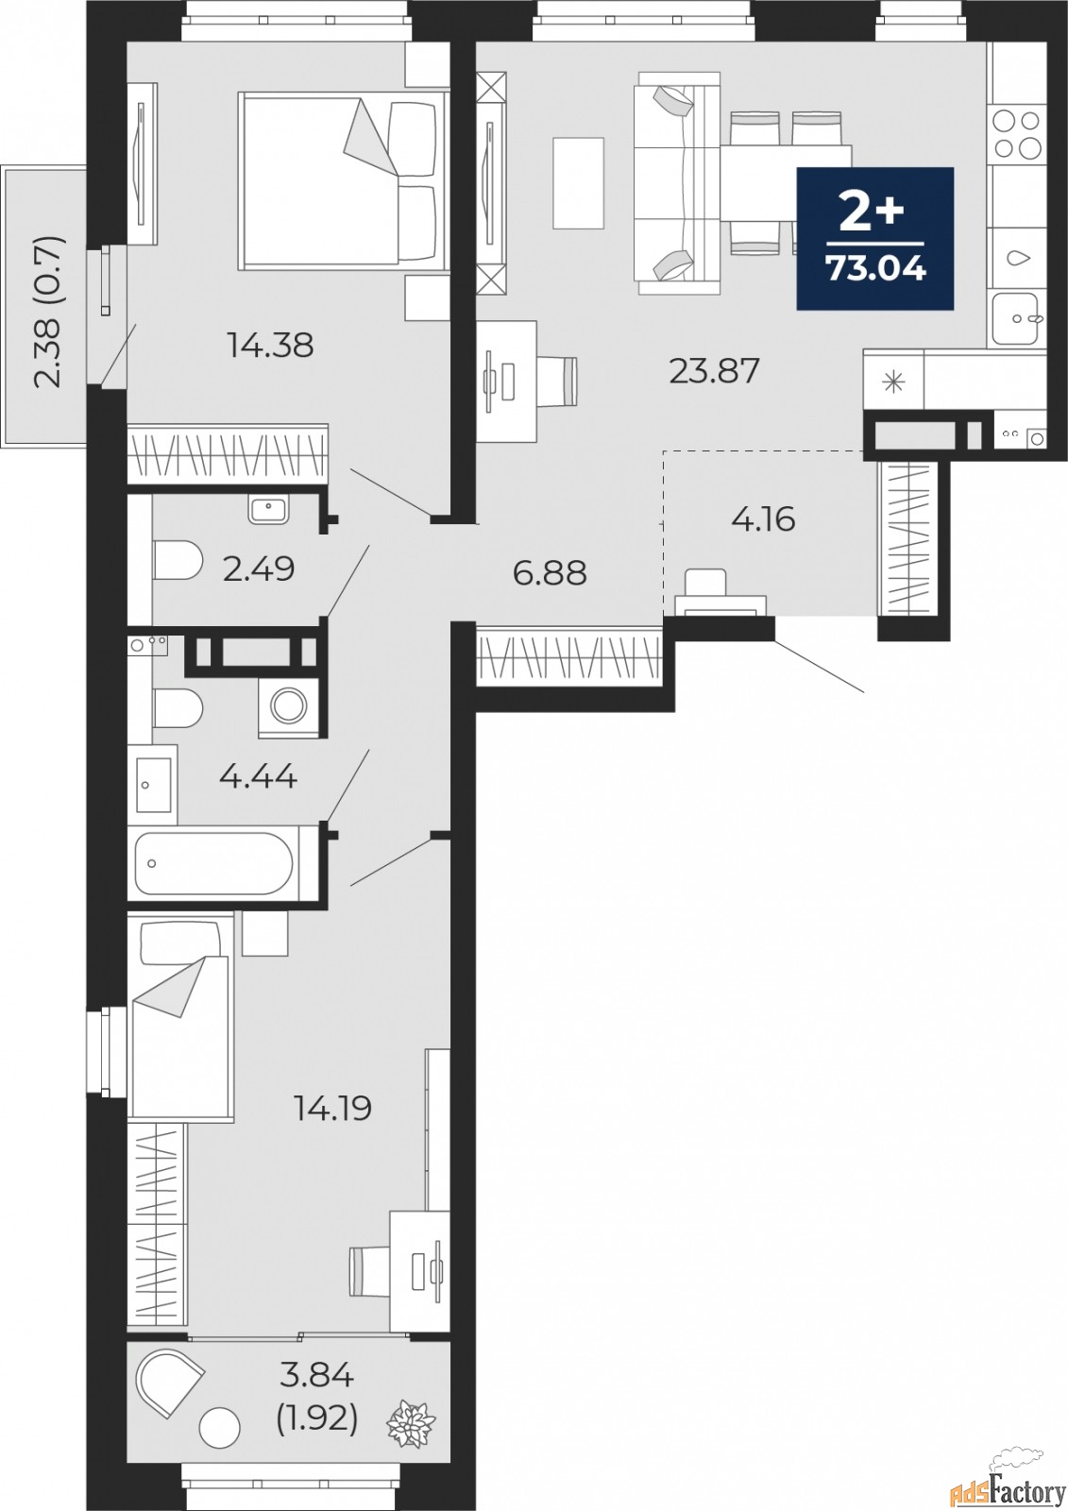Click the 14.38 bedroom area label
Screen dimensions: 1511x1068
(270, 346)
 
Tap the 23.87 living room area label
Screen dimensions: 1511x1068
(714, 371)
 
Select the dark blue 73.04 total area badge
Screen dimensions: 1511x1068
(874, 238)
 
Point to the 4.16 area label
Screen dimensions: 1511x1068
(763, 518)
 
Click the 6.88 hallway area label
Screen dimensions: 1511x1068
(550, 572)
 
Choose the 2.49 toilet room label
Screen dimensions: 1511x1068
(259, 569)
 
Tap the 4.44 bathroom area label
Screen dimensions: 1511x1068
(258, 777)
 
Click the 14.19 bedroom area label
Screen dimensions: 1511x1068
(332, 1108)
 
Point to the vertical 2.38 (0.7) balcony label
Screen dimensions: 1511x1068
(49, 312)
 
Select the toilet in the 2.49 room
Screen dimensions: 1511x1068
(177, 561)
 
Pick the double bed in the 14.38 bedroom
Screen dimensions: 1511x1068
(342, 178)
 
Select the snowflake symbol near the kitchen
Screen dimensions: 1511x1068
(892, 382)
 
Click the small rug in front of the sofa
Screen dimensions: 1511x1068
(578, 182)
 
